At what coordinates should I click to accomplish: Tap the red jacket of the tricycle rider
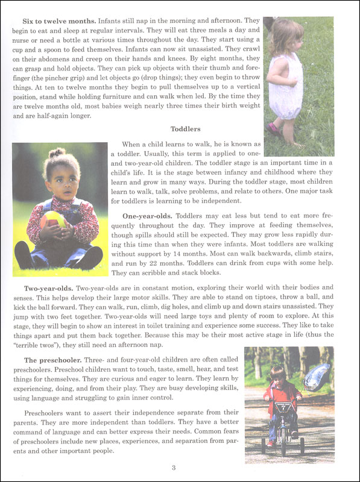(280, 395)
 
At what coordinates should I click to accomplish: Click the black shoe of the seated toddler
(90, 258)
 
